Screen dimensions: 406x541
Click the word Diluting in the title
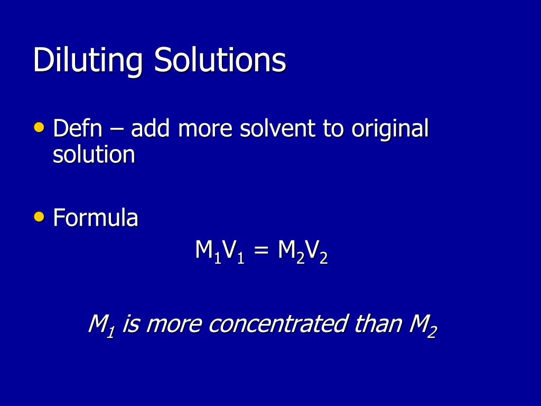click(x=88, y=61)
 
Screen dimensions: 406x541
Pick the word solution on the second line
click(x=94, y=155)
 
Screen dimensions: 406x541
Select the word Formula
click(x=96, y=218)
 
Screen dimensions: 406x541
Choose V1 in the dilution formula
click(x=233, y=252)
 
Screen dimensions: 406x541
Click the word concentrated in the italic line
click(x=278, y=324)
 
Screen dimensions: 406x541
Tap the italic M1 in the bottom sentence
click(x=101, y=324)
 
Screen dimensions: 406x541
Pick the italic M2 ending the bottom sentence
click(x=423, y=324)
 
